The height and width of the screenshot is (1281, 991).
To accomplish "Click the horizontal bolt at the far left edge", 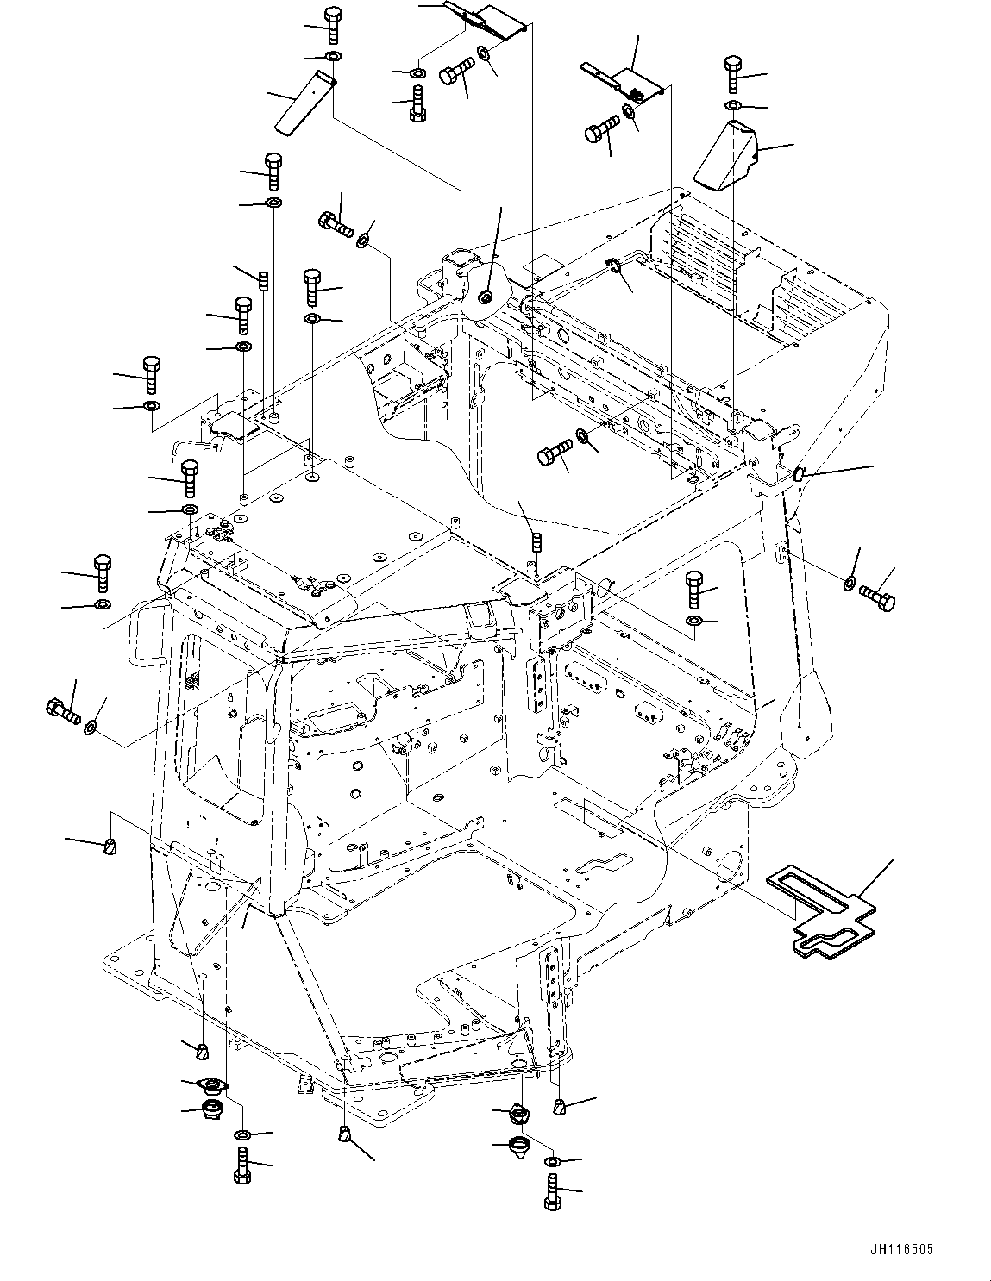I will pyautogui.click(x=61, y=711).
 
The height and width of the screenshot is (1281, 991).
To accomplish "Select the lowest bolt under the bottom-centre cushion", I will pyautogui.click(x=552, y=1195).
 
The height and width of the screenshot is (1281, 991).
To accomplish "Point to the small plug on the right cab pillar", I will pyautogui.click(x=798, y=472).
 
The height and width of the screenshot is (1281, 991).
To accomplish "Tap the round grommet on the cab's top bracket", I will pyautogui.click(x=486, y=297).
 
